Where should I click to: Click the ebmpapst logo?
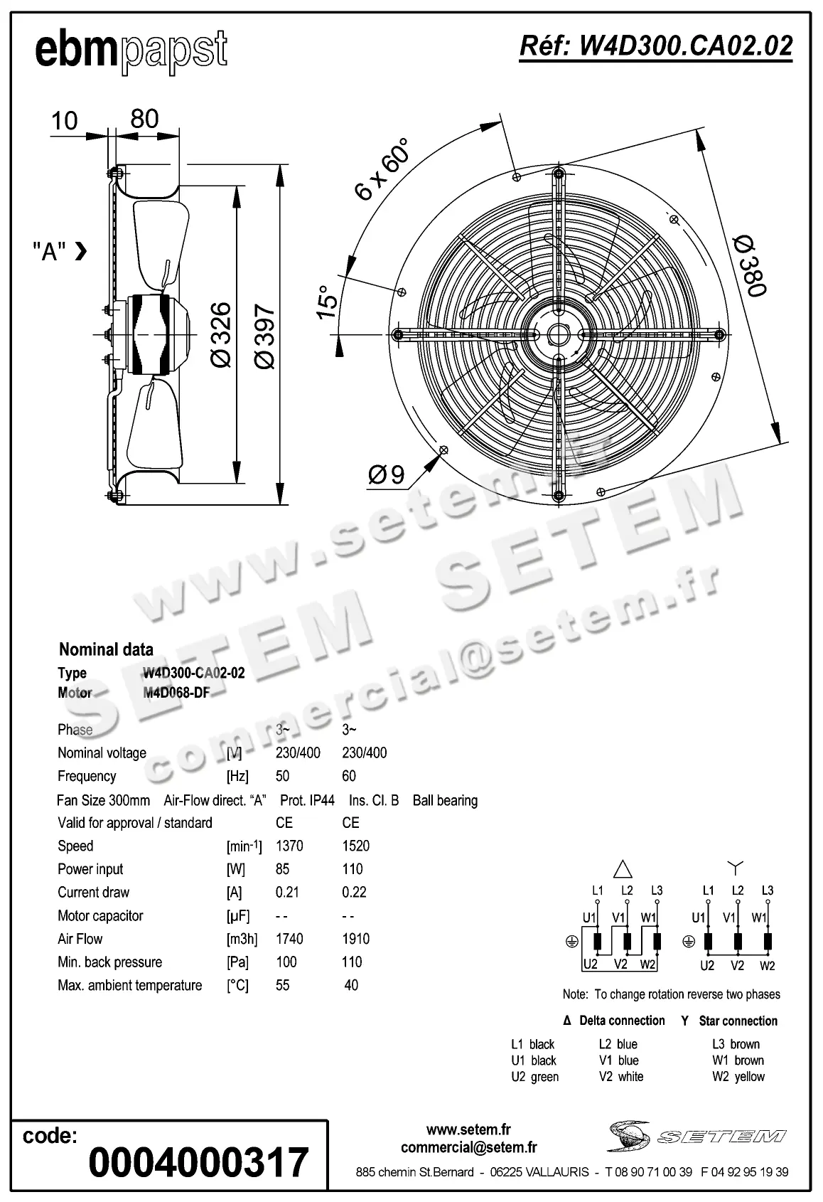click(131, 51)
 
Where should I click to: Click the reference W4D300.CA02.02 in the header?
click(655, 46)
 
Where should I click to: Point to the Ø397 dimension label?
click(264, 336)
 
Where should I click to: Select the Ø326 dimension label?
click(222, 334)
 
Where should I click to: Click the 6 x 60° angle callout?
click(382, 169)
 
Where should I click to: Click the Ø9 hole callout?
click(387, 474)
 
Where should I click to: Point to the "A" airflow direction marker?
click(60, 251)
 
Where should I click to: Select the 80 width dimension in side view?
click(144, 119)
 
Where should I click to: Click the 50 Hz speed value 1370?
click(289, 846)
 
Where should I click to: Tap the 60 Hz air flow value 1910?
click(355, 939)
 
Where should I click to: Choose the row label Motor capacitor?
click(100, 915)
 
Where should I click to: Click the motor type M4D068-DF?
click(176, 692)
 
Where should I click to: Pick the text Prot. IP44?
click(307, 800)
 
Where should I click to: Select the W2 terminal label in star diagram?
click(767, 966)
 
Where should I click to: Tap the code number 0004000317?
click(198, 1162)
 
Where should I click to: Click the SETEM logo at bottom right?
click(696, 1136)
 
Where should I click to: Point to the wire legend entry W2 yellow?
click(738, 1077)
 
